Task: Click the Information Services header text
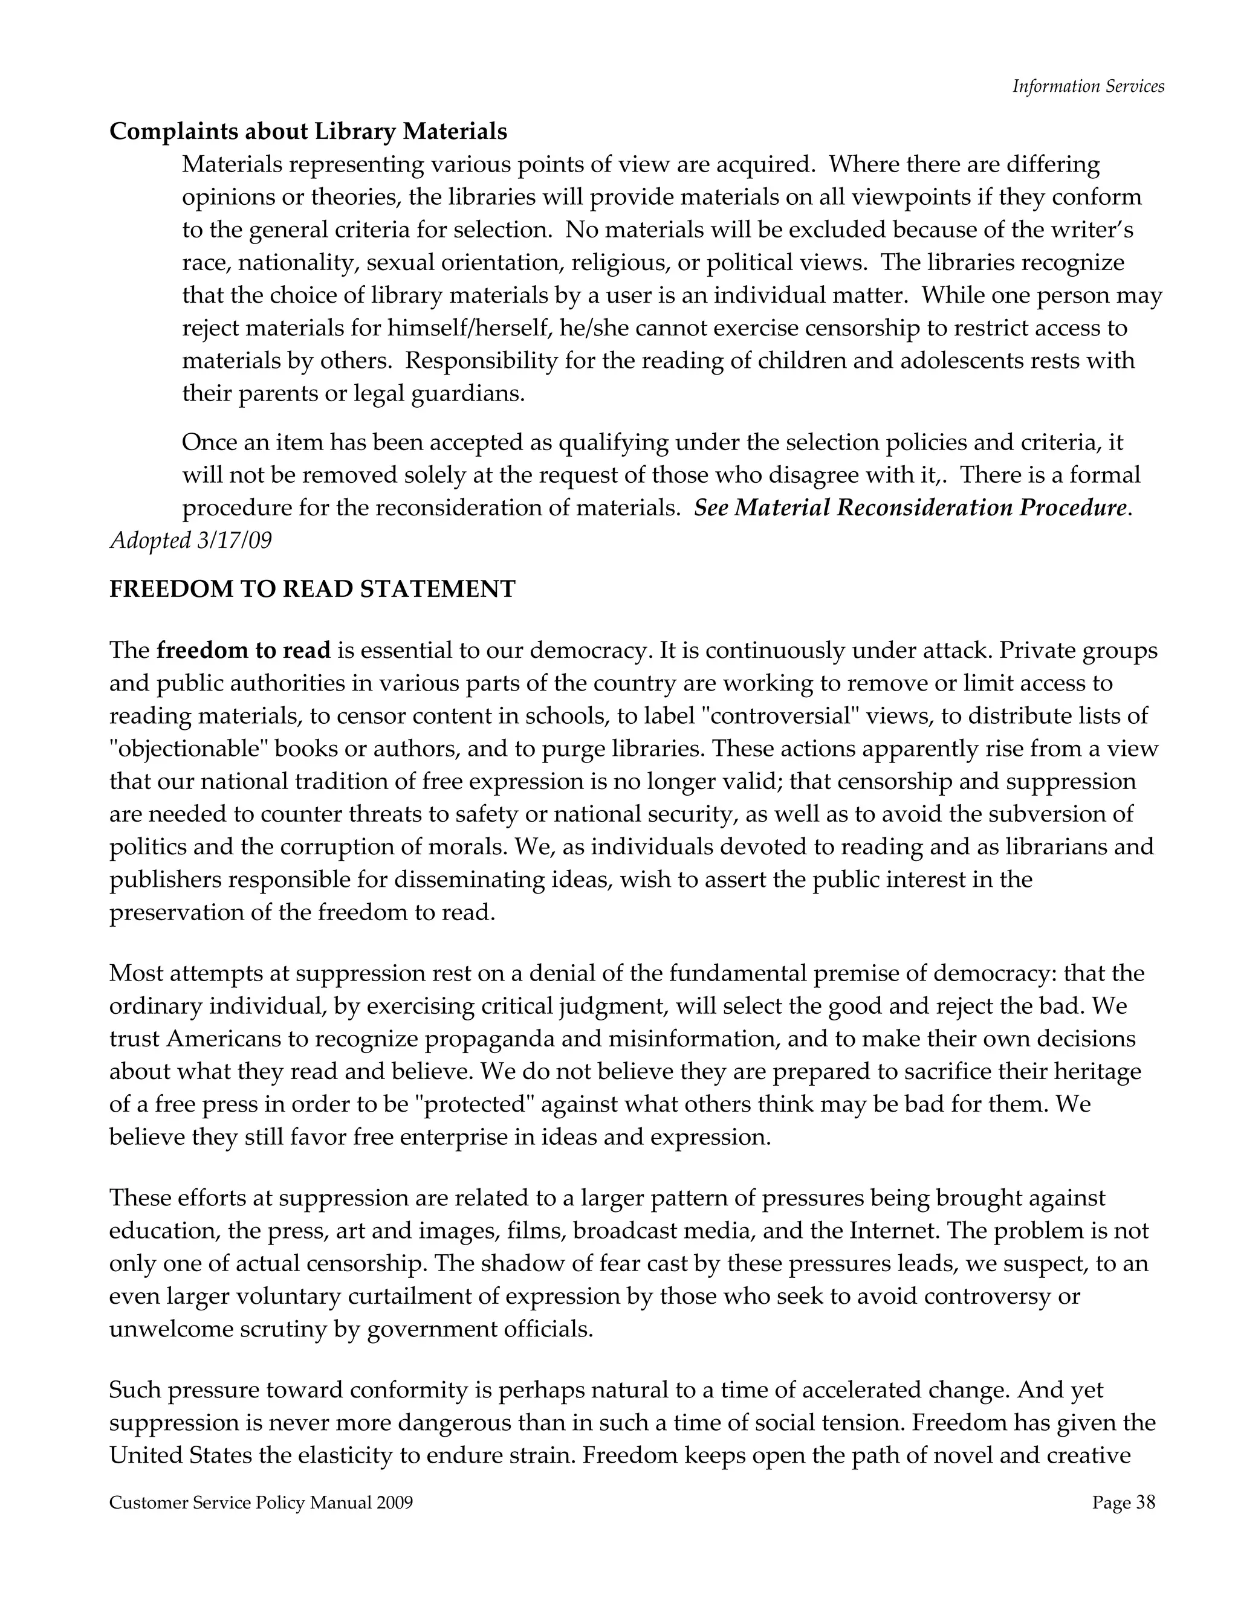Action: [x=1087, y=86]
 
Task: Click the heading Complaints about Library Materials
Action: [x=308, y=131]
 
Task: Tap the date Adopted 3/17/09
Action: [x=190, y=540]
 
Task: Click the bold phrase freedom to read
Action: [x=244, y=650]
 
